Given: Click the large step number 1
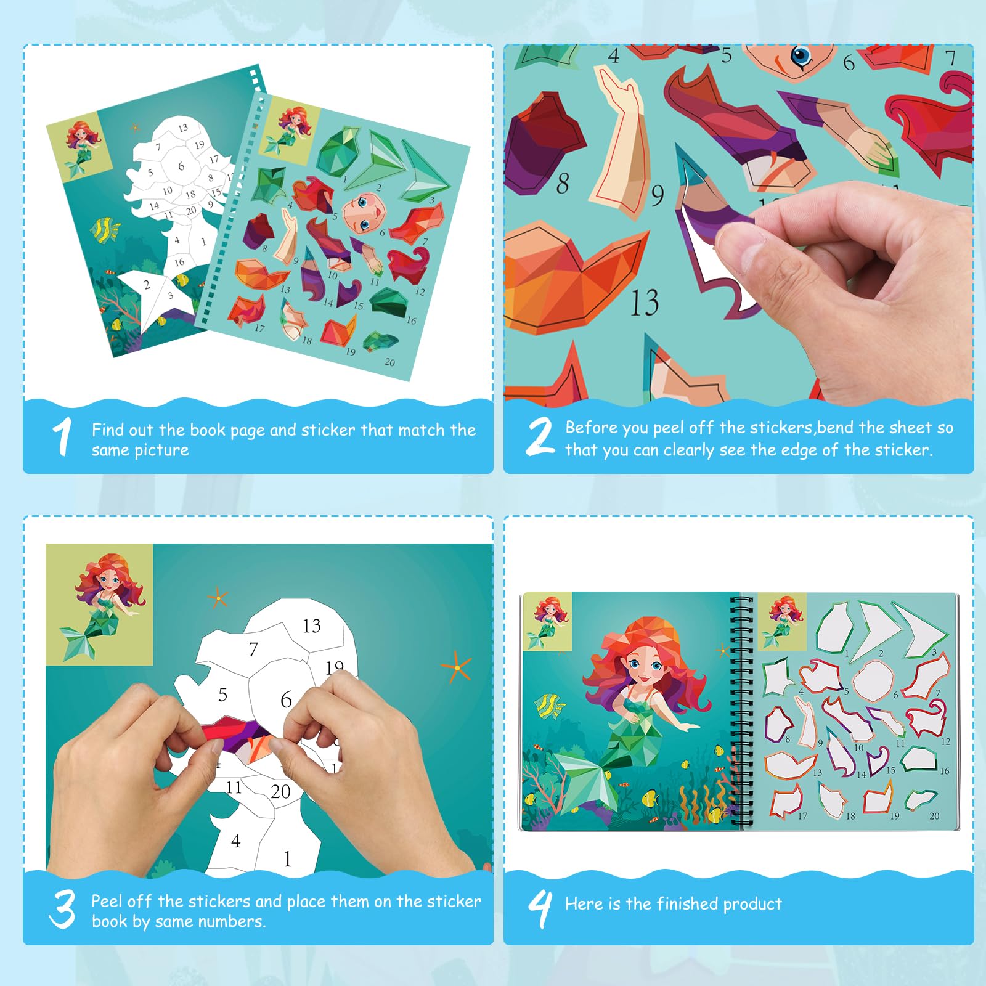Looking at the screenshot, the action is (x=62, y=437).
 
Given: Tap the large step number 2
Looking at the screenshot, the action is (x=540, y=436).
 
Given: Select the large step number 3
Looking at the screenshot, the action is (x=62, y=909).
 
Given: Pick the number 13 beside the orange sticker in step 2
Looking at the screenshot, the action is (x=645, y=303).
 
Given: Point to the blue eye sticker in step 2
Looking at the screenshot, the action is (x=801, y=57).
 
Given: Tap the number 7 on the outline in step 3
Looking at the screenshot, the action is (x=253, y=649).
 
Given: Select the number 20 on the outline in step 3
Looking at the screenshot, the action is (x=280, y=791).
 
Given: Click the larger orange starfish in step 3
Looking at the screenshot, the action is (x=457, y=667).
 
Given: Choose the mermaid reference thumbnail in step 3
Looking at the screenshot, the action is (x=99, y=605).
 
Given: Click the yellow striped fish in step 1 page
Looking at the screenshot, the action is (x=105, y=229).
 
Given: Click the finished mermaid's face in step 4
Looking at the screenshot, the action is (x=643, y=668).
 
